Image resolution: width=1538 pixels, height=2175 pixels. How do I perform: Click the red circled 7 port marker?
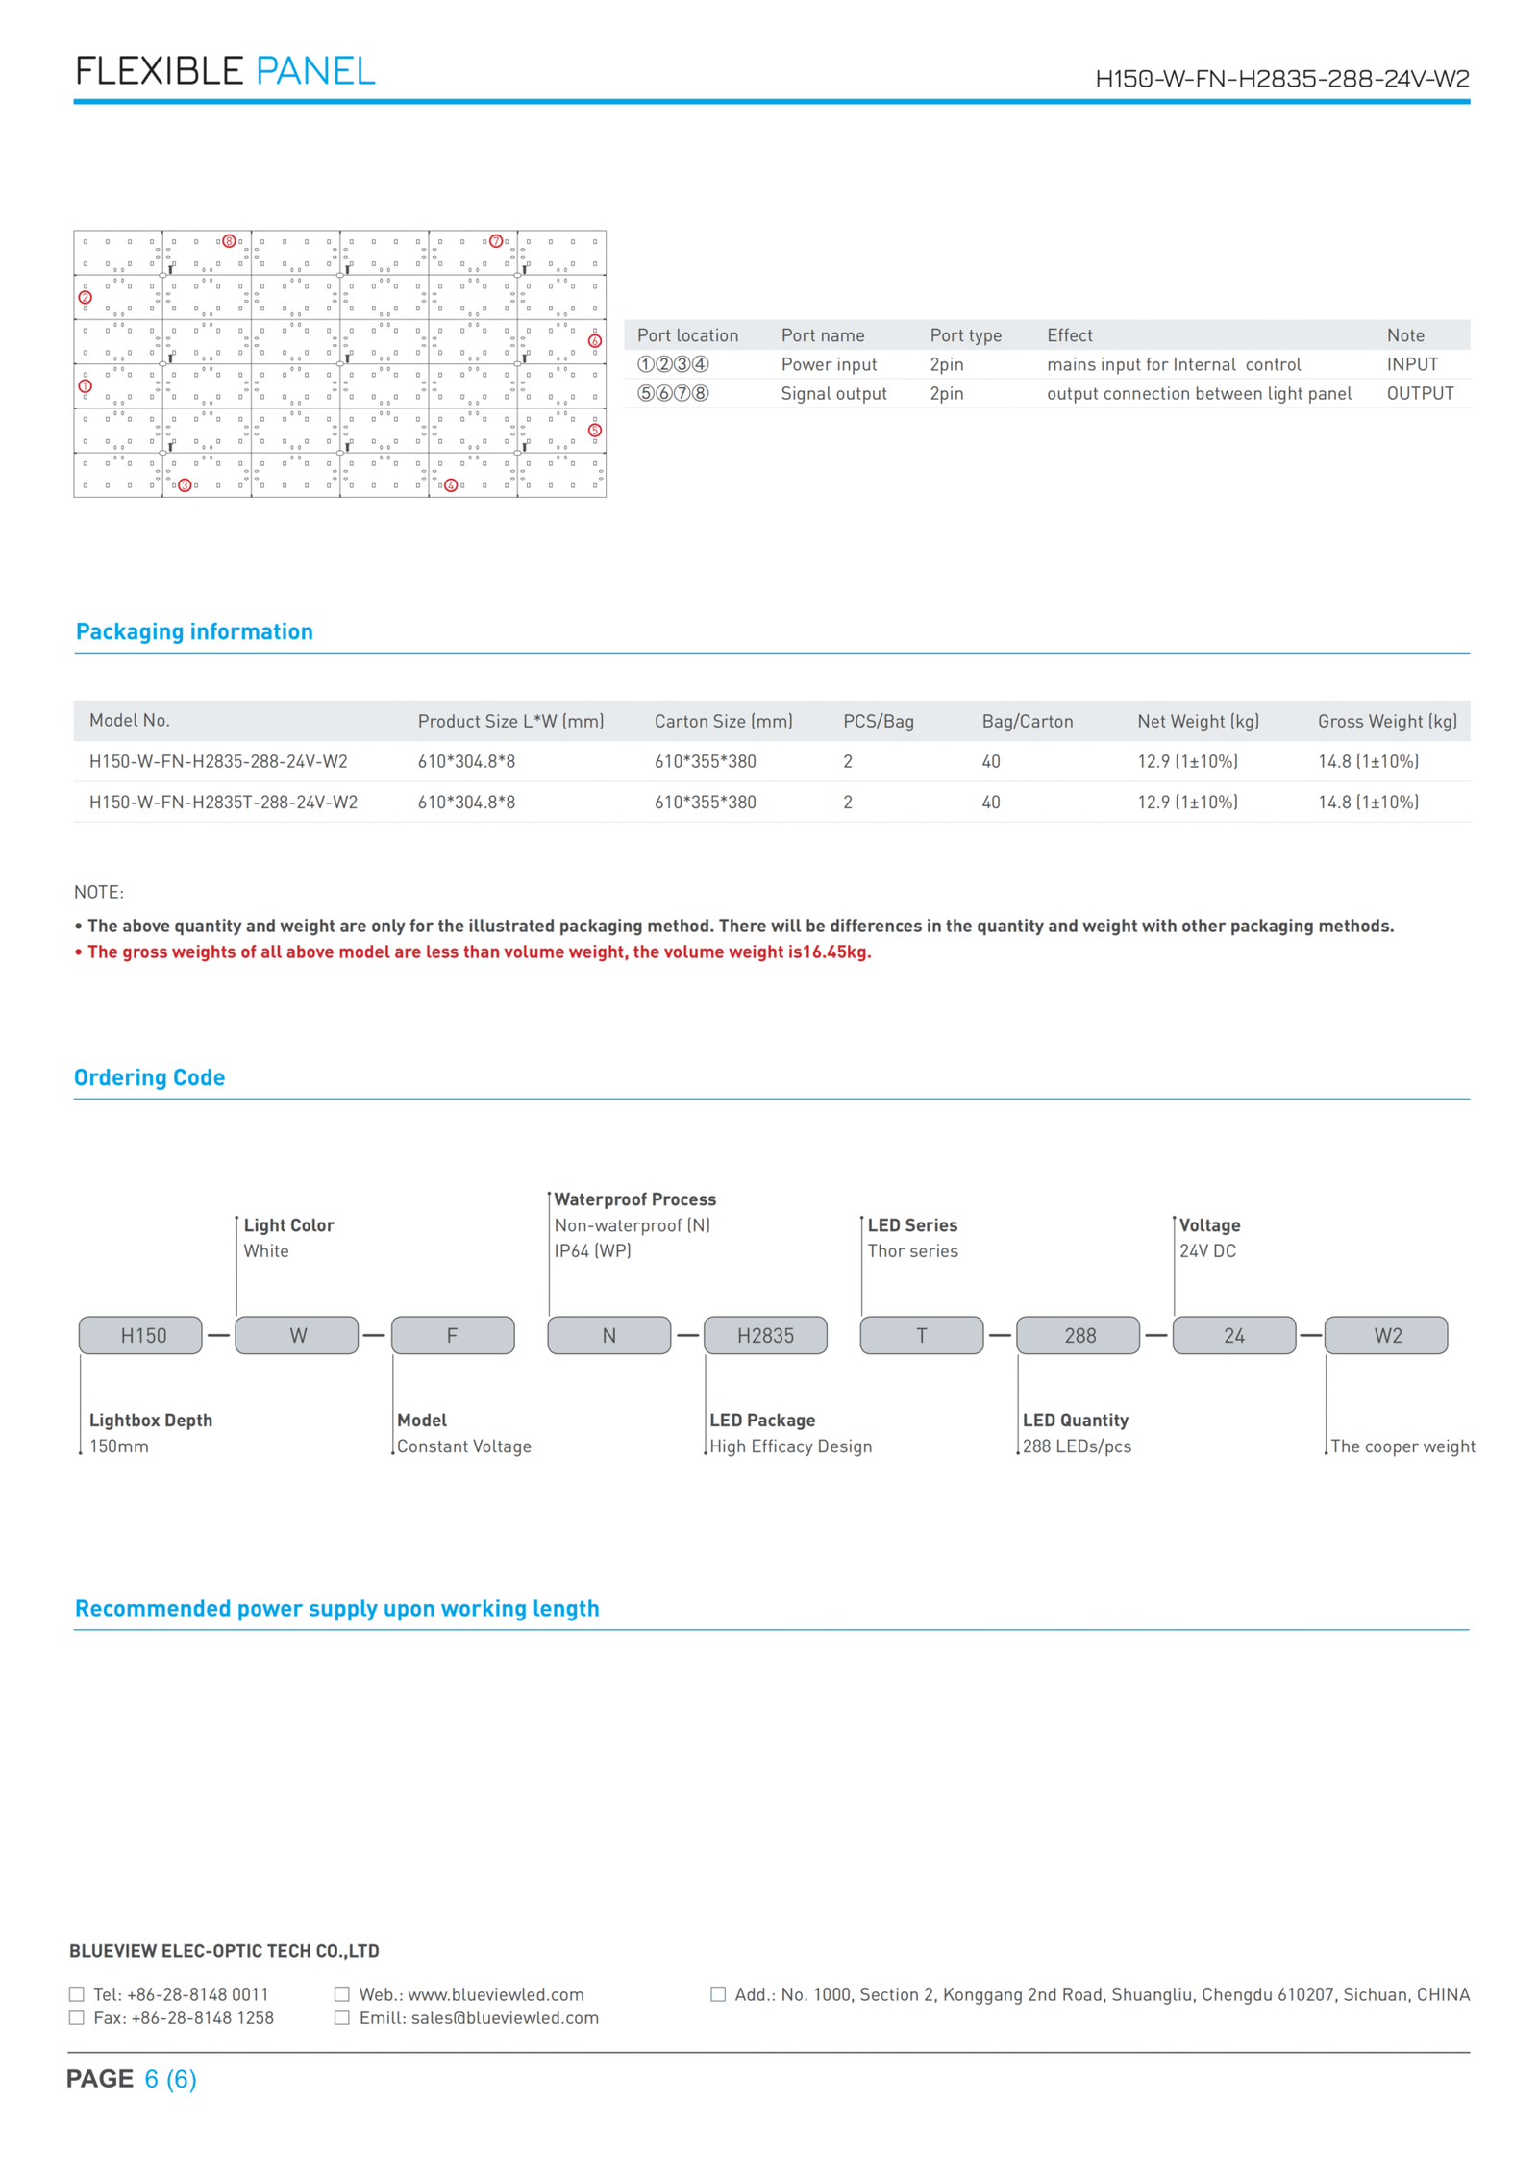[x=496, y=241]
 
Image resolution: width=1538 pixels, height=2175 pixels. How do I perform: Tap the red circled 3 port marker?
[x=186, y=485]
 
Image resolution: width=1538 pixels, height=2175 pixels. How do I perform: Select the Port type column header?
[x=965, y=335]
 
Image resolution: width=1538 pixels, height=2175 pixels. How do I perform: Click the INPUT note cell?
[x=1411, y=364]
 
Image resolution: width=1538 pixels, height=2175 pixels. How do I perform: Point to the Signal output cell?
[x=833, y=393]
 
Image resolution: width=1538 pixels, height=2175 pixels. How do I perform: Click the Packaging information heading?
[x=194, y=631]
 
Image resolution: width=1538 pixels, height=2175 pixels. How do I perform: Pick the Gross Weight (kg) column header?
[x=1386, y=721]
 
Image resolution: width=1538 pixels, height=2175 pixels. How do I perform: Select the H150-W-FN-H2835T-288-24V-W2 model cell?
[x=223, y=802]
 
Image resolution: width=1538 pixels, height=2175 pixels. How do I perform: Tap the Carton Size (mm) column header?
[x=723, y=721]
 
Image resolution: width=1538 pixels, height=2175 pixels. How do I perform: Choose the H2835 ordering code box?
[x=765, y=1335]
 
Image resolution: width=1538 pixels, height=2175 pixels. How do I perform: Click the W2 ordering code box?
[x=1386, y=1335]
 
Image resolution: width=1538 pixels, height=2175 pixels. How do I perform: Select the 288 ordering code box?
[x=1079, y=1335]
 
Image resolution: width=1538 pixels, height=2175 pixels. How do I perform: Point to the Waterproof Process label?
[x=634, y=1199]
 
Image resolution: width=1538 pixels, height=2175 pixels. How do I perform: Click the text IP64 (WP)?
[x=592, y=1250]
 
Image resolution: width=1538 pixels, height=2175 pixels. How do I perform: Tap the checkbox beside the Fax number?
[x=77, y=2017]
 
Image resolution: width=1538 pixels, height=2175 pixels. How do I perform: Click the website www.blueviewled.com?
[x=495, y=1994]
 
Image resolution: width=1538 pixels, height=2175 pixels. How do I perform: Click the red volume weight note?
[x=479, y=952]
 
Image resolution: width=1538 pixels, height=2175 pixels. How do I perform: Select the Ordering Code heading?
[x=149, y=1077]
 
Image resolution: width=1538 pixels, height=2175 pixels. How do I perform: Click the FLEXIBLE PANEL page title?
[x=225, y=71]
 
